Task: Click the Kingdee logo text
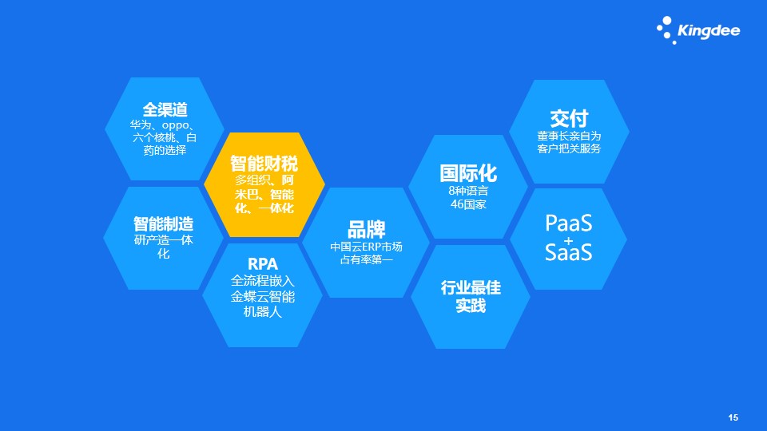[x=709, y=31]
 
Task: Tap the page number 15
[x=733, y=417]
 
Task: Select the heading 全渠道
[x=165, y=109]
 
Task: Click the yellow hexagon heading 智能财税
[x=264, y=163]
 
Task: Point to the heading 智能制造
[x=163, y=223]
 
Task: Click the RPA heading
[x=263, y=264]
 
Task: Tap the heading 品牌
[x=367, y=229]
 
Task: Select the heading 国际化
[x=468, y=173]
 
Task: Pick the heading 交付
[x=569, y=119]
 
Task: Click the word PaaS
[x=568, y=223]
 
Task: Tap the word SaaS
[x=568, y=252]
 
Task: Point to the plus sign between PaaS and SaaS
[x=568, y=240]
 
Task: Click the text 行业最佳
[x=471, y=287]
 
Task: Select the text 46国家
[x=468, y=204]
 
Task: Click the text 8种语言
[x=468, y=191]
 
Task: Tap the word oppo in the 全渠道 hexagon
[x=175, y=125]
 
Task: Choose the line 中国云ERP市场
[x=367, y=247]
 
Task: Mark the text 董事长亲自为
[x=569, y=136]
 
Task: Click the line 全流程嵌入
[x=263, y=280]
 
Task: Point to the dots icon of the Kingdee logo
[x=666, y=30]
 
